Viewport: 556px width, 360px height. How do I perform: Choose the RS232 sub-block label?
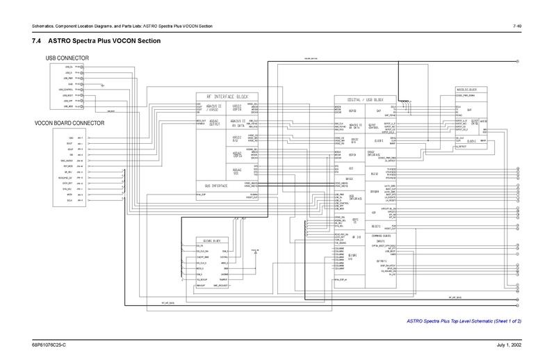click(x=374, y=173)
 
